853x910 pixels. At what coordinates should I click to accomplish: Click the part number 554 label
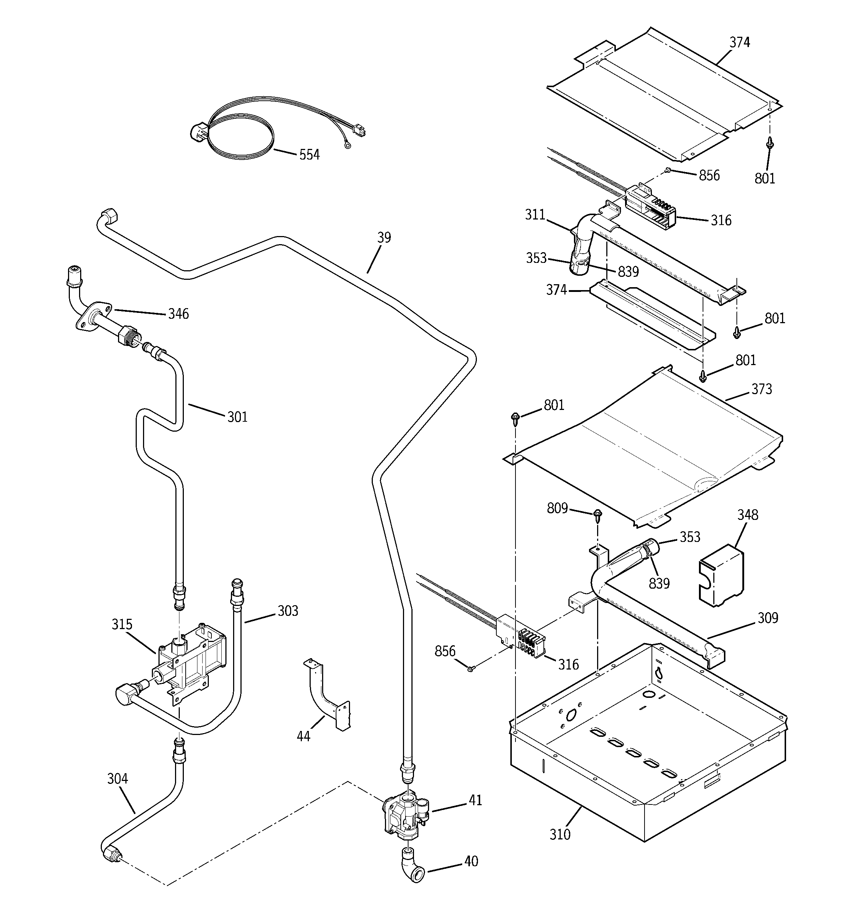point(309,155)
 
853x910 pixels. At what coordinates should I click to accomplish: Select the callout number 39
point(384,238)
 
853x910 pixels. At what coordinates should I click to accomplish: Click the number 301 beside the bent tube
point(237,417)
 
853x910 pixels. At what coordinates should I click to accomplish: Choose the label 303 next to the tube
point(288,611)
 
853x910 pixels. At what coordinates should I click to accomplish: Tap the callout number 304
point(117,779)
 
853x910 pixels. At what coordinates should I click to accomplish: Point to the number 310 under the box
point(560,835)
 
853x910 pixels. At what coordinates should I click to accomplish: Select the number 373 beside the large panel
point(761,389)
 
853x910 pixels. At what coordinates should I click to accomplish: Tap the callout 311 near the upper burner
point(535,215)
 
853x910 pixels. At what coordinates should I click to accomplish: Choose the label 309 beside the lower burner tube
point(768,618)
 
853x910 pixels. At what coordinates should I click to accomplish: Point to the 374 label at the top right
point(739,43)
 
